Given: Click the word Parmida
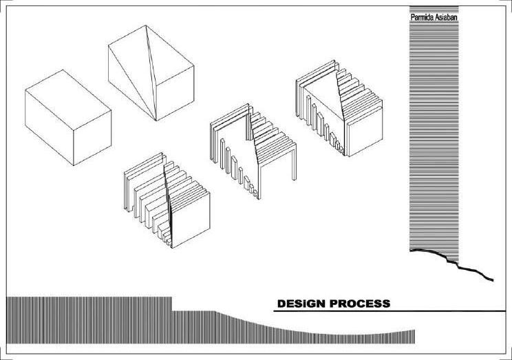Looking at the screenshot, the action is (x=421, y=17).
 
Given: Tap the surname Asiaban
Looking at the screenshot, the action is (x=445, y=17).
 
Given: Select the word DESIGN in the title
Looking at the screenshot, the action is (x=301, y=304).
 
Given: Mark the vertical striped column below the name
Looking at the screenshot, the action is (x=434, y=138).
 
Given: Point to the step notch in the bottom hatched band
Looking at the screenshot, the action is (x=171, y=304).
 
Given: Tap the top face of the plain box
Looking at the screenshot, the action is (x=67, y=92).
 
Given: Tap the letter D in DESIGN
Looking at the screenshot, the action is (x=281, y=304).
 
